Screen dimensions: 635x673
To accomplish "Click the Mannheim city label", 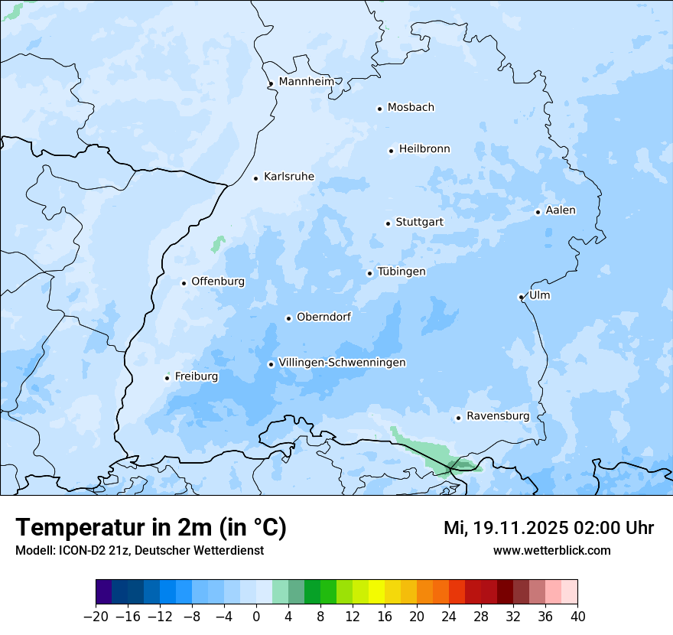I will [305, 82].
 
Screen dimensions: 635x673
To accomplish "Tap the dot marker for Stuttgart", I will [388, 223].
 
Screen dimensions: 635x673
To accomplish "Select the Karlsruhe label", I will [288, 177].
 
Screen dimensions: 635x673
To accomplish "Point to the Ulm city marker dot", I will [521, 297].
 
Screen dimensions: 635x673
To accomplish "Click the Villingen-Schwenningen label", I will [342, 363].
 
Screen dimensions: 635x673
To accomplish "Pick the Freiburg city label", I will [196, 376].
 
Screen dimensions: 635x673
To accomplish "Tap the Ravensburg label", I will [497, 416].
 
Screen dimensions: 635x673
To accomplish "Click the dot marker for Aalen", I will [538, 212].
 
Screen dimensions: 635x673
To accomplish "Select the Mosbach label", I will [410, 108].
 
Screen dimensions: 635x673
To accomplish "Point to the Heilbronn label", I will [424, 149].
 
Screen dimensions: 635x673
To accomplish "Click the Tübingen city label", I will [401, 272].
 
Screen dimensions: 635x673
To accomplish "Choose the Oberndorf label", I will [323, 317].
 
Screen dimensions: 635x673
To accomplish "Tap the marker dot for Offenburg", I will [184, 283].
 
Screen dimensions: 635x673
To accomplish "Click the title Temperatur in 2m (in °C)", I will [151, 528].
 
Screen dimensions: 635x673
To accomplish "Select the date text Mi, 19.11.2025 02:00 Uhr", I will [548, 528].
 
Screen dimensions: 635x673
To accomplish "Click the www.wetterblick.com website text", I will [551, 550].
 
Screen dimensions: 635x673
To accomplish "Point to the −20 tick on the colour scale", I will [96, 617].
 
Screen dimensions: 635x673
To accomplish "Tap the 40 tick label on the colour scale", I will [577, 617].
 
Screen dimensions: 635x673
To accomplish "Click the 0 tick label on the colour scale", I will [256, 617].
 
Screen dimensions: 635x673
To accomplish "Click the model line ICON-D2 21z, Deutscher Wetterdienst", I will [139, 550].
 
